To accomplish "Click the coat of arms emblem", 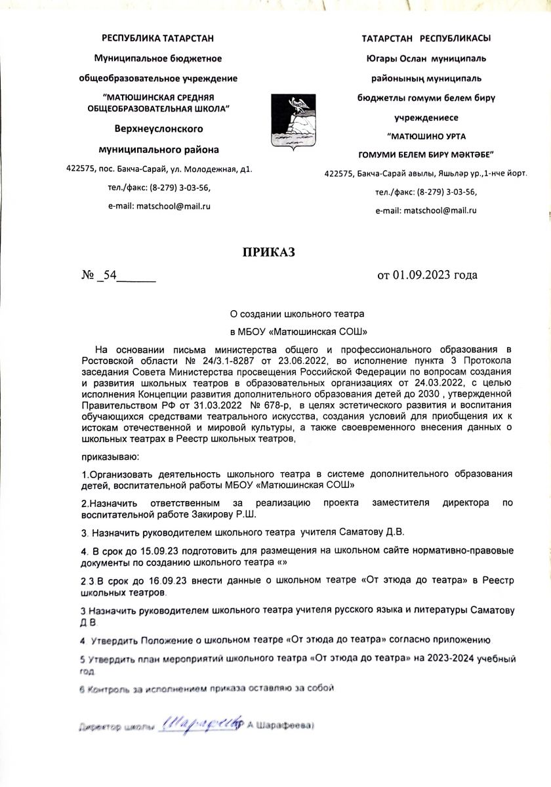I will pyautogui.click(x=296, y=121).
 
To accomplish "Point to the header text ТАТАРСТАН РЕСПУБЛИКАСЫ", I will pyautogui.click(x=426, y=39).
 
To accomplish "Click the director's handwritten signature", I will pyautogui.click(x=197, y=723).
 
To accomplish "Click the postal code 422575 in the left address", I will pyautogui.click(x=81, y=169).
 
